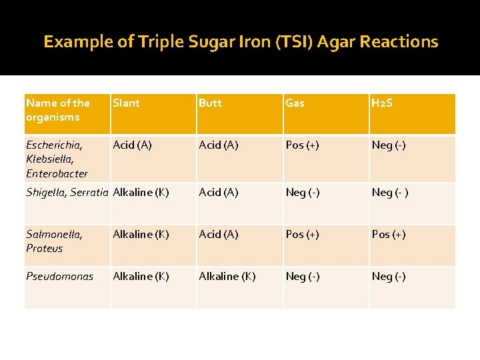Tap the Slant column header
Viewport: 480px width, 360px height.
(x=126, y=103)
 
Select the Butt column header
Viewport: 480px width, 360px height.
(x=210, y=103)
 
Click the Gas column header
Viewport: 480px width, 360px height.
(x=295, y=103)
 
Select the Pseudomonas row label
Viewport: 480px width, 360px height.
(x=59, y=276)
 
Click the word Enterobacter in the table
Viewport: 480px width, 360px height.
(x=57, y=174)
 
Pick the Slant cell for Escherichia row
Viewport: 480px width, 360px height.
(x=133, y=145)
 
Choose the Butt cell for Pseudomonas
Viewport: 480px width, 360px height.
(x=227, y=276)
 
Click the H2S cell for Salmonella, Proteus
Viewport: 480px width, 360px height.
(x=389, y=234)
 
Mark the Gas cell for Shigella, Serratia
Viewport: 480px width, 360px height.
(x=303, y=193)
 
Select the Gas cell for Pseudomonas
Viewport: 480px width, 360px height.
(x=303, y=276)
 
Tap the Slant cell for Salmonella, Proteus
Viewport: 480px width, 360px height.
(x=141, y=234)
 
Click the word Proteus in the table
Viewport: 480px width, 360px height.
(x=44, y=249)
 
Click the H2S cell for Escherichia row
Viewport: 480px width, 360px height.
(x=389, y=145)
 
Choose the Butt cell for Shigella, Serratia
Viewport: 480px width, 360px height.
(x=219, y=193)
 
